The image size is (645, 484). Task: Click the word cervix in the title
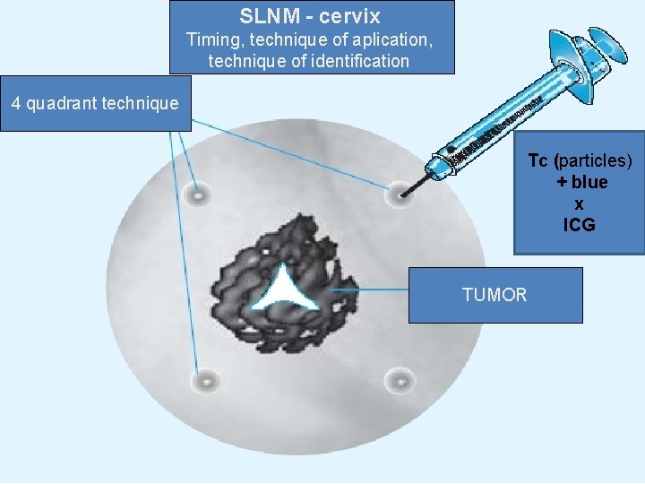[x=348, y=16]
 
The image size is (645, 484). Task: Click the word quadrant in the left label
[x=61, y=103]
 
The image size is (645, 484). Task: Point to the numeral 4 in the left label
[x=16, y=103]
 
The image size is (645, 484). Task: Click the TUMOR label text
[x=494, y=295]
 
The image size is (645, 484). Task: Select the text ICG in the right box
[x=579, y=225]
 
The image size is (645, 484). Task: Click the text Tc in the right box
[x=537, y=160]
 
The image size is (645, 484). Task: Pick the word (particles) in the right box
[x=593, y=160]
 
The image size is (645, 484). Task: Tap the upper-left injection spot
[x=194, y=194]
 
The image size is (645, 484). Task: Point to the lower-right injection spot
[x=400, y=380]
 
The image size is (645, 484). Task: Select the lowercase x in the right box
[x=579, y=203]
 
